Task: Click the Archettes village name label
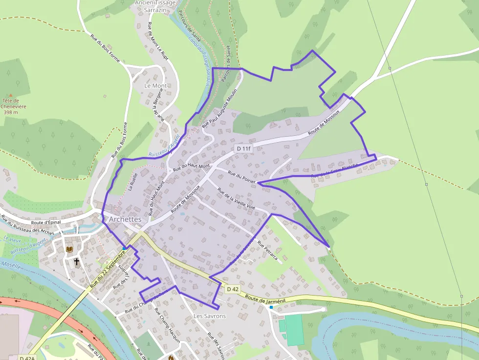coord(125,219)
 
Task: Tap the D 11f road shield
coord(243,148)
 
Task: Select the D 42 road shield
coord(233,289)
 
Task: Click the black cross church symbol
coord(76,262)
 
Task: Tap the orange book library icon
coord(69,250)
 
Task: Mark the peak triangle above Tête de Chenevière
coord(10,95)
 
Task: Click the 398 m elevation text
coord(10,112)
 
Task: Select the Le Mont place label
coord(155,85)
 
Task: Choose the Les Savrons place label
coord(210,316)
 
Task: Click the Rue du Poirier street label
coord(242,177)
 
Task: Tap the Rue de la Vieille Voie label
coord(236,199)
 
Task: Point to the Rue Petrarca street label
coord(270,253)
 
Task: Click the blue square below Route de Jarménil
coord(271,307)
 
